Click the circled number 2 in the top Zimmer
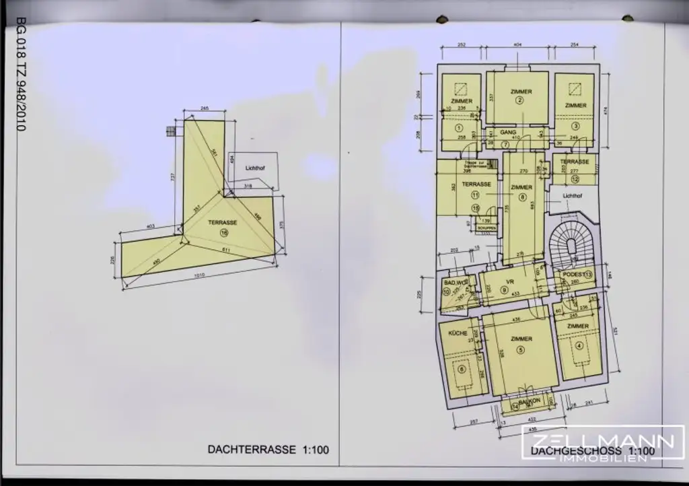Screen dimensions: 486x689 520,100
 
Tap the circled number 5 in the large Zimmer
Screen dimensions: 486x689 520,349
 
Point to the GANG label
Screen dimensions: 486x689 508,133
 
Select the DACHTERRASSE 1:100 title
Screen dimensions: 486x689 268,450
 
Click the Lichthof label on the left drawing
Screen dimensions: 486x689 254,166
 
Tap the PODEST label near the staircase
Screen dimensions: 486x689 570,274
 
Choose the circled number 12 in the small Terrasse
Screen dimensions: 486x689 575,180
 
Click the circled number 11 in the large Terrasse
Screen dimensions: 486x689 475,195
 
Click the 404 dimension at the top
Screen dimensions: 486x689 518,44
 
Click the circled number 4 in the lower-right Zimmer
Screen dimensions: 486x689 579,347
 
